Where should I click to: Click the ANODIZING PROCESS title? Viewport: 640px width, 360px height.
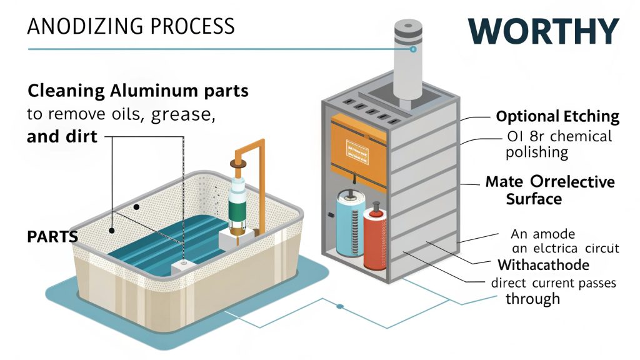click(131, 26)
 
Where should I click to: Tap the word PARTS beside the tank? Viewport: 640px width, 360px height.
click(52, 237)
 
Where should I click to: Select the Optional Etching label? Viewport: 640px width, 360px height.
click(557, 116)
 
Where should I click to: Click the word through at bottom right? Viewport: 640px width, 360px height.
click(532, 298)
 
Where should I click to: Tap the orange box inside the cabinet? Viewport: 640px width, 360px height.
click(356, 147)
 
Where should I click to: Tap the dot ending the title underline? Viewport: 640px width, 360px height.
click(413, 49)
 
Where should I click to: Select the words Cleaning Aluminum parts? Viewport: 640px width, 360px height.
click(138, 91)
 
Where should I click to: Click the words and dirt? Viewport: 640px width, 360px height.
click(62, 136)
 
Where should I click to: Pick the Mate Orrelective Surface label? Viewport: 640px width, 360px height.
click(550, 190)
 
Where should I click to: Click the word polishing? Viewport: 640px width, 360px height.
click(537, 152)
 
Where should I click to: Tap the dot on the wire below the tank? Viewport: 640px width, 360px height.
click(339, 307)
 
